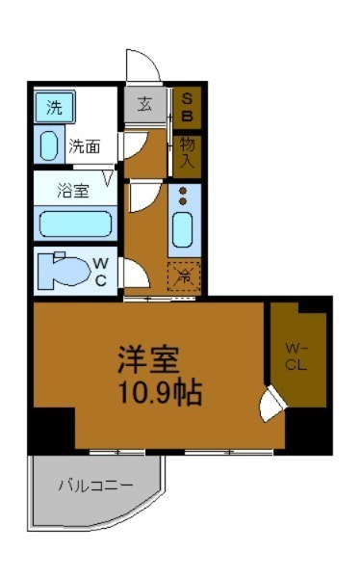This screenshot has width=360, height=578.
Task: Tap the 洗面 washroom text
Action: tap(85, 147)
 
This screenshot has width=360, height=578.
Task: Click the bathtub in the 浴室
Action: tap(74, 223)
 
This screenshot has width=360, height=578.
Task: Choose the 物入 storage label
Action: tap(188, 152)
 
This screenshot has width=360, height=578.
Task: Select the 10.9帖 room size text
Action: tap(160, 392)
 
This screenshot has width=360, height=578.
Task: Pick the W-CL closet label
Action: tap(295, 356)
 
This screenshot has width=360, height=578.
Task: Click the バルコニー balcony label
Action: tap(93, 485)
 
